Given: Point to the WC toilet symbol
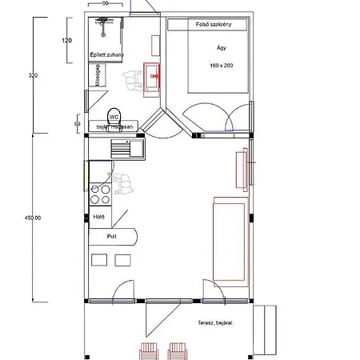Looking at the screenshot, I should pos(113,115).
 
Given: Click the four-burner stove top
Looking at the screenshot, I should pos(100,194).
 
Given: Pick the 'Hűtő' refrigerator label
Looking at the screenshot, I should pos(100,216).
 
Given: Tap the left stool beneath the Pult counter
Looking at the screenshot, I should pos(98,259).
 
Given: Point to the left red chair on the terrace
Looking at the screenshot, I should pos(150,350).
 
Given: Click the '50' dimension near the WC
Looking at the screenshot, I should pos(77,125).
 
